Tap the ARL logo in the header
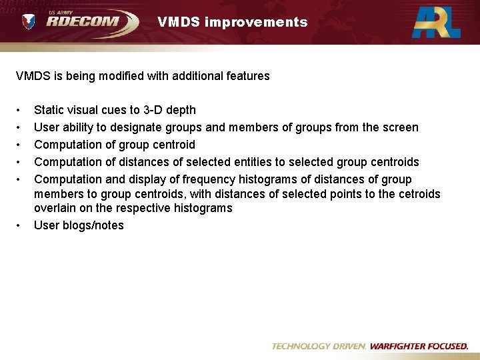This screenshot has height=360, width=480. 436,21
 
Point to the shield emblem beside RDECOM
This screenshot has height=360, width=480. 29,22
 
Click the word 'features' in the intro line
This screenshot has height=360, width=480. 247,76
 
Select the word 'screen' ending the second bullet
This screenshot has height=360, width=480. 401,127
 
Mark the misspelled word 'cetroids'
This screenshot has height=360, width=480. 417,194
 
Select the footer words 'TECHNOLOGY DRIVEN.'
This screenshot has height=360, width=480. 319,347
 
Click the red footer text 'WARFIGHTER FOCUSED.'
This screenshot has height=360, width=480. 419,347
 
